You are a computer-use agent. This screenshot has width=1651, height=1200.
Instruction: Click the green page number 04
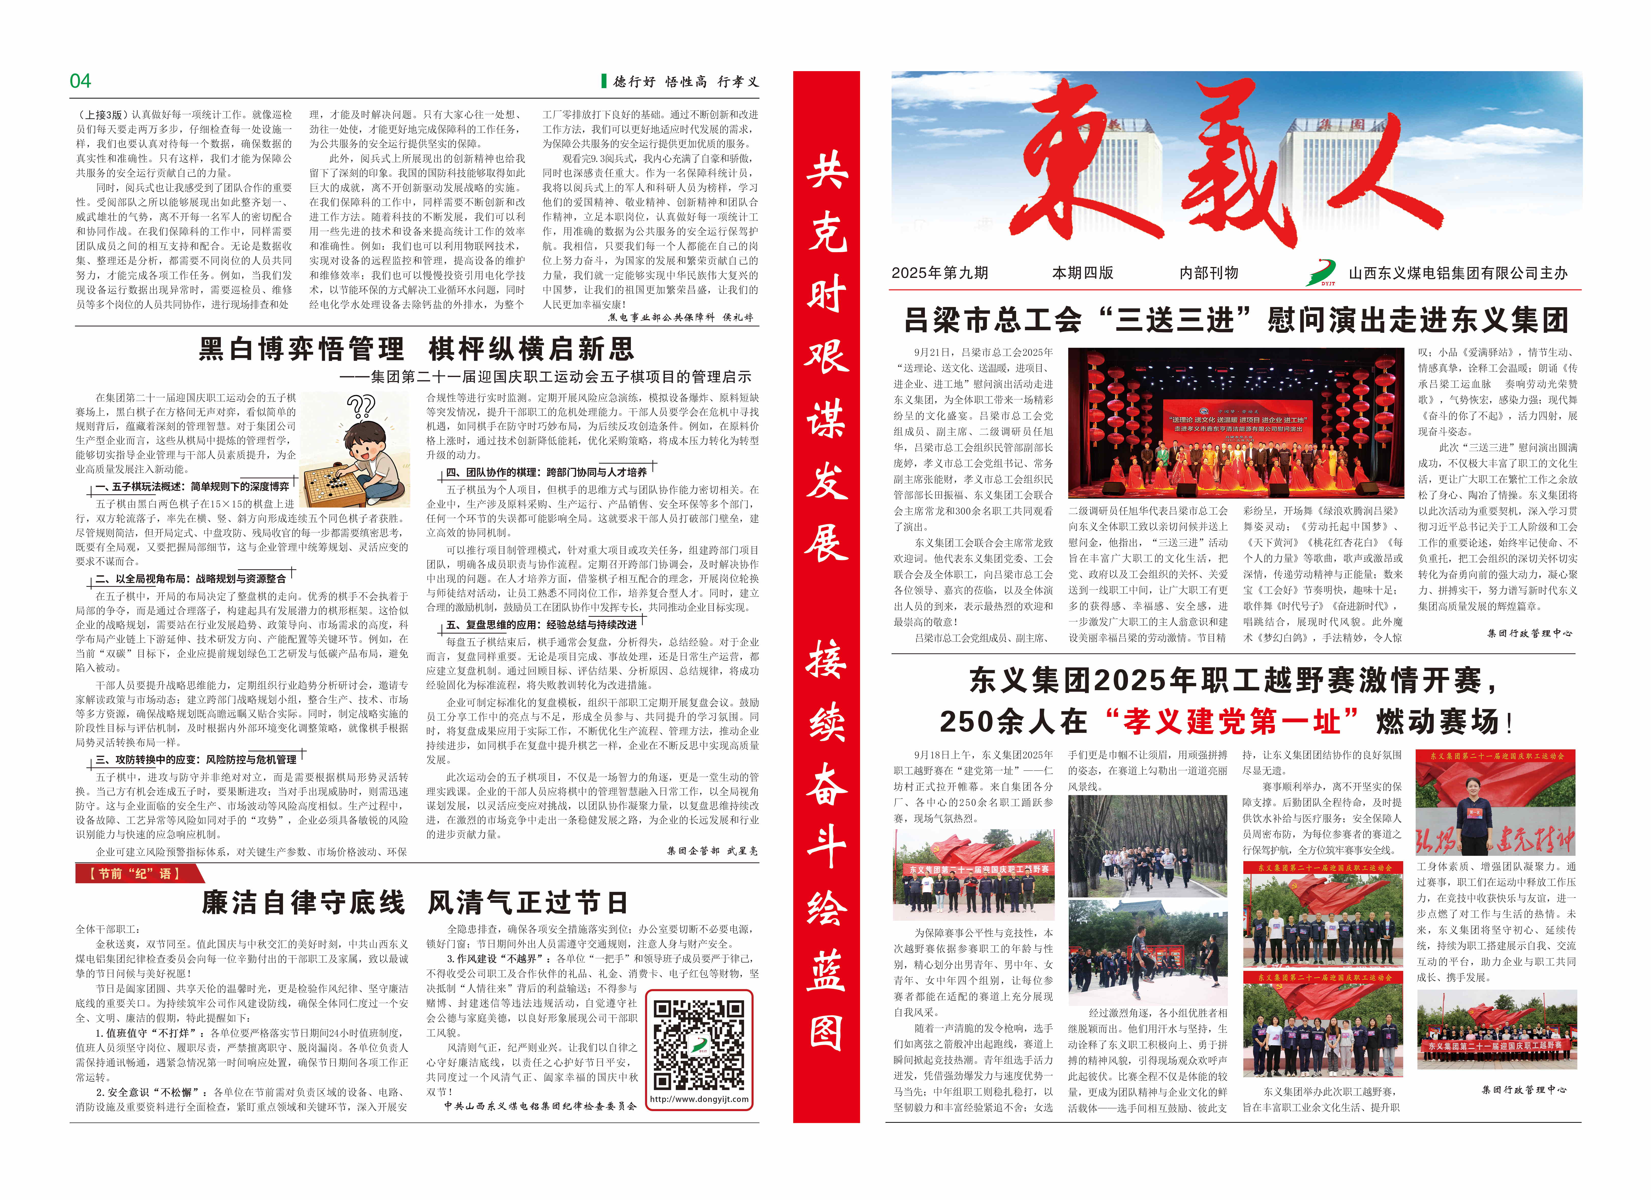point(80,81)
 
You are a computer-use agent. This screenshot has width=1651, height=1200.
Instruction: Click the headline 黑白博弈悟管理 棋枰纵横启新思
point(416,349)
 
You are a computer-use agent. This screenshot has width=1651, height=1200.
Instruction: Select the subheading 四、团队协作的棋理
point(546,472)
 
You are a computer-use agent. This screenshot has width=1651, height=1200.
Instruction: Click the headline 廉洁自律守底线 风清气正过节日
point(415,903)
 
